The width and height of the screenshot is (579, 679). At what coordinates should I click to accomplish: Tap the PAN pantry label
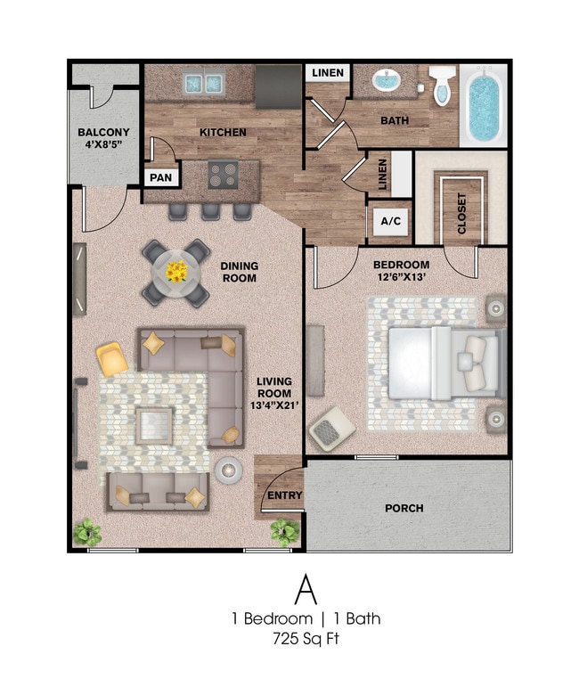click(x=160, y=177)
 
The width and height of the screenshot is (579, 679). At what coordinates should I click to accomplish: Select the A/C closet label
click(x=390, y=221)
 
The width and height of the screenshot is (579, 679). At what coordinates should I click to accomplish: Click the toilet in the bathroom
click(x=441, y=86)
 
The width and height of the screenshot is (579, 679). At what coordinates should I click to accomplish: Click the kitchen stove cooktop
click(x=221, y=174)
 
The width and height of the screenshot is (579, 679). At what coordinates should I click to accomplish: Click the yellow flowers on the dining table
click(x=176, y=271)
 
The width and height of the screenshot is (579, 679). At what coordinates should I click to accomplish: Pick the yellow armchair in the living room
click(x=113, y=359)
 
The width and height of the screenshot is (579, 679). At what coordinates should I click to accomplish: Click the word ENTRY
click(x=285, y=496)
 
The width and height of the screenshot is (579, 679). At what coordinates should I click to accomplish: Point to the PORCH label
click(x=404, y=509)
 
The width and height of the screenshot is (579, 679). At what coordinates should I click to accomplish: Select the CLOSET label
click(x=461, y=213)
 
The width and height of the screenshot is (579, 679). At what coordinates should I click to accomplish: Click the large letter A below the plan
click(x=305, y=589)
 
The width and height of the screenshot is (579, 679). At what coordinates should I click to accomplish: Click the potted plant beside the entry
click(x=284, y=532)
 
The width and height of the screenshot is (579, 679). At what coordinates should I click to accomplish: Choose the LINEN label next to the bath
click(x=328, y=73)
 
